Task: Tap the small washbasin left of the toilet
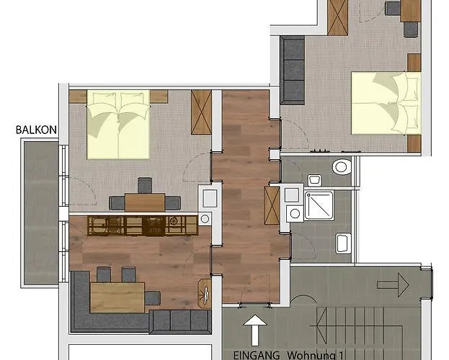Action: [315, 179]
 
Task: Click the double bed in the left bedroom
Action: [119, 123]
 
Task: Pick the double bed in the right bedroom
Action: [385, 103]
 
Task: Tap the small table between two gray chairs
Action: [144, 202]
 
